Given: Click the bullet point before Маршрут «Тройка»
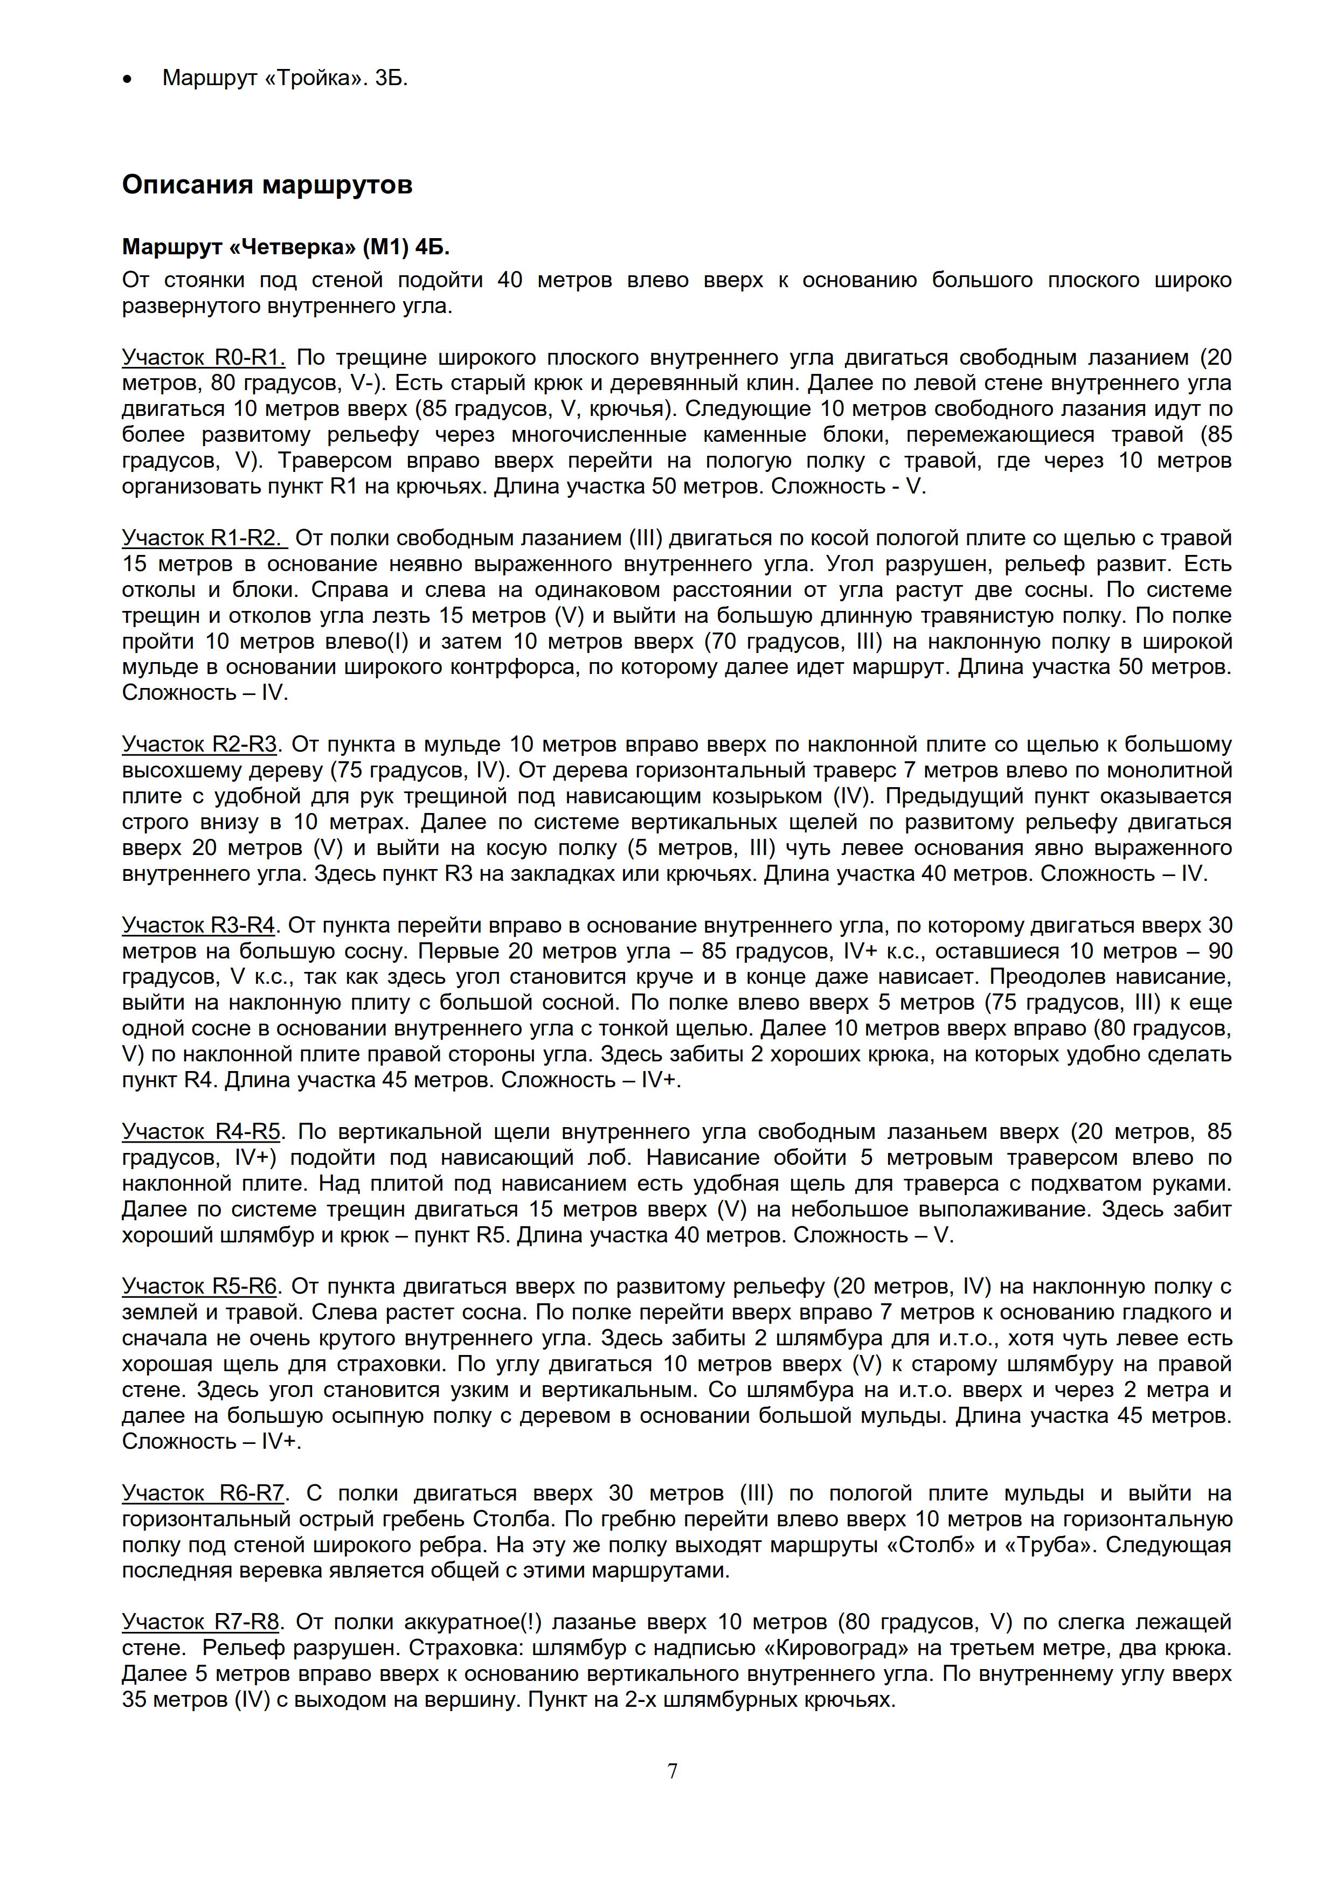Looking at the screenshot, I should click(126, 80).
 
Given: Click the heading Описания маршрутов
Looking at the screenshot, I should click(267, 184).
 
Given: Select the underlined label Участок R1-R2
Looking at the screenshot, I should click(203, 538).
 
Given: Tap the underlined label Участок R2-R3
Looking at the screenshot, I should click(199, 745).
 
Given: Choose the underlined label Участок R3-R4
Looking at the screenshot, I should click(198, 926).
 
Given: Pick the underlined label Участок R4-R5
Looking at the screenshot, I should click(202, 1132).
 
